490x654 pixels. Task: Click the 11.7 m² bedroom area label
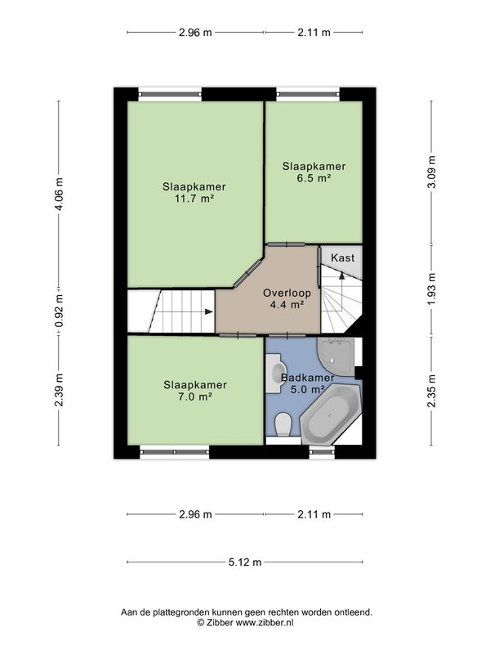194,193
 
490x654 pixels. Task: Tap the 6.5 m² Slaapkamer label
314,172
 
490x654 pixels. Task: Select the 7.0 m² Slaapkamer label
195,391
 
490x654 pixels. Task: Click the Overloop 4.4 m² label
287,298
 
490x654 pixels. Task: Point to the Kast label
342,258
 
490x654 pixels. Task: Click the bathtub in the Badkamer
332,414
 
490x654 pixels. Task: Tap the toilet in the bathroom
283,424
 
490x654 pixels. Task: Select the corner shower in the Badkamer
336,356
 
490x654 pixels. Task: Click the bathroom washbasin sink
276,373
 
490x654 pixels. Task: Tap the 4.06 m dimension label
60,194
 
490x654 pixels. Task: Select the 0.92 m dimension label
60,311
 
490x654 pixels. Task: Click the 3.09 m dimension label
432,172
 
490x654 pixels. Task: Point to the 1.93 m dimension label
432,289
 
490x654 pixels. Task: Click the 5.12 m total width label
245,562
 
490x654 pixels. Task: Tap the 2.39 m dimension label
60,390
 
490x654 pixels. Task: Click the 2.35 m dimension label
432,391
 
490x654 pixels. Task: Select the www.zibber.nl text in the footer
265,622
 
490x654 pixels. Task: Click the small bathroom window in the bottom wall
322,452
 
